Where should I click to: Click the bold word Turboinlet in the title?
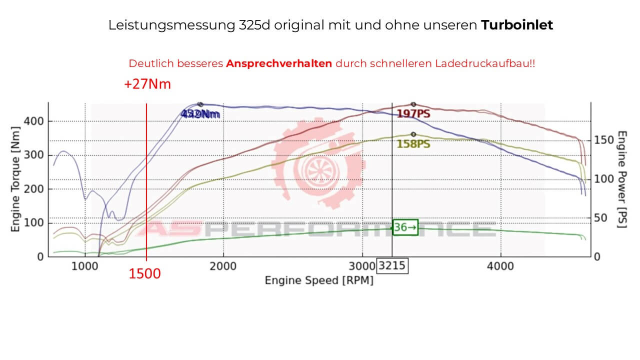(517, 25)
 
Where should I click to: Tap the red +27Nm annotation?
(147, 84)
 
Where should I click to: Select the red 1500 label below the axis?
(145, 274)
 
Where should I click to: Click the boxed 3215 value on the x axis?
(392, 266)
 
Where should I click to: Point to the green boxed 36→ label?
(405, 227)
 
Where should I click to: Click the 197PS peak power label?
(413, 114)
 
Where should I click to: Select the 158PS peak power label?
(413, 144)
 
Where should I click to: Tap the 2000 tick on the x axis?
(223, 266)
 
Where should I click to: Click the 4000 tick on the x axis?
(500, 266)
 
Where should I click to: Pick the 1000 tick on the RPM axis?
(85, 266)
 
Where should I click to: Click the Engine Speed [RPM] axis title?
(319, 280)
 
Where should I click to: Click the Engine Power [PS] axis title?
(621, 179)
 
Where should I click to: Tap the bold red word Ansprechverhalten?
(279, 64)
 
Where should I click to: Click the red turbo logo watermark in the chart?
(317, 163)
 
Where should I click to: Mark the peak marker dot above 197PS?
(413, 104)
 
